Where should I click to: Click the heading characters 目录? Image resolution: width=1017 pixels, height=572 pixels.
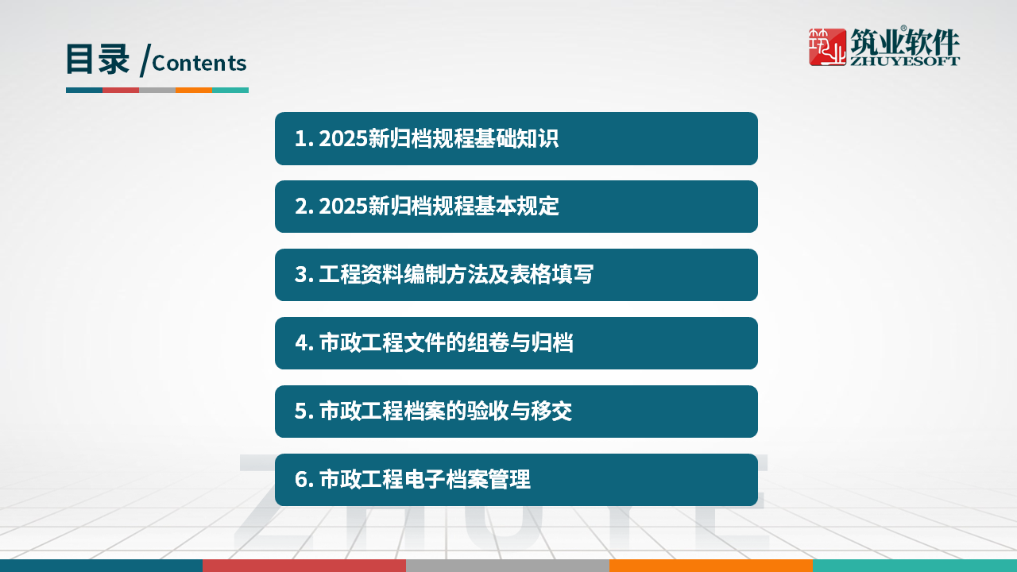click(x=97, y=60)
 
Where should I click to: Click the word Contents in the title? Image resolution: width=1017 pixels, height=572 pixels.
click(x=199, y=63)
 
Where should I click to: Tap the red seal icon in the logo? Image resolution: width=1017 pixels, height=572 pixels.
click(x=827, y=47)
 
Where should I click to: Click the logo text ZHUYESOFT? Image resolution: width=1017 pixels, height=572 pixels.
click(x=904, y=60)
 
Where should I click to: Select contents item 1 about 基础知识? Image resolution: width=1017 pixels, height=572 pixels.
click(x=516, y=138)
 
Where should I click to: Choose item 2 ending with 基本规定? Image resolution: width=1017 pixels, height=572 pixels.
click(x=516, y=207)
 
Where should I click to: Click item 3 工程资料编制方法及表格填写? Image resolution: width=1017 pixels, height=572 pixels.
click(x=516, y=275)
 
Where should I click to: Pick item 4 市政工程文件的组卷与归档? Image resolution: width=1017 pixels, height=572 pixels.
click(x=516, y=343)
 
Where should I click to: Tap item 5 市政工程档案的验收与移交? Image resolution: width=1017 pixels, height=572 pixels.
click(x=516, y=412)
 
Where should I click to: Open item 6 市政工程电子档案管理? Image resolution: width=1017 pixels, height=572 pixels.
click(x=516, y=480)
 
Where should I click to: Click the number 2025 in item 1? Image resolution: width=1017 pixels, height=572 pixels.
click(x=343, y=139)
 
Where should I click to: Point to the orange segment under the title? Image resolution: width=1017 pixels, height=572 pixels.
click(x=194, y=90)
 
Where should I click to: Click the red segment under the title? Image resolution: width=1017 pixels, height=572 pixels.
click(x=121, y=90)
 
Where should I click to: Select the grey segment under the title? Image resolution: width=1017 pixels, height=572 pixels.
click(x=157, y=90)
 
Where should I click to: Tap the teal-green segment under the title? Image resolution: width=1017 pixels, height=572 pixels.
click(x=230, y=90)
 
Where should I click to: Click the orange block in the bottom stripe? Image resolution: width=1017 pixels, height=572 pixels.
click(x=711, y=566)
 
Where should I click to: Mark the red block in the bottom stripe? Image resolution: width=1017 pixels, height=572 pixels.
click(x=304, y=566)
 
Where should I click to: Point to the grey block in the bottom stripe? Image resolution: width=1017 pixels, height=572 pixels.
click(x=508, y=566)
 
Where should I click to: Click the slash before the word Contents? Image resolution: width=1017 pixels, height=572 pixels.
click(x=144, y=60)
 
